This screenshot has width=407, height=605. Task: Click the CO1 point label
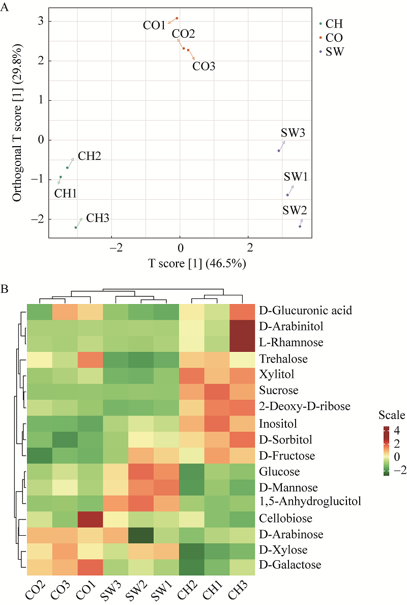click(154, 25)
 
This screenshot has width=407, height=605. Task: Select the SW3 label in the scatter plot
click(293, 133)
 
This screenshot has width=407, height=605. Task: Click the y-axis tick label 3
click(40, 21)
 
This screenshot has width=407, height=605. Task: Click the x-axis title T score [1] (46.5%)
click(197, 263)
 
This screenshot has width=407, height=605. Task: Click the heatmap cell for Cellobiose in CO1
click(90, 518)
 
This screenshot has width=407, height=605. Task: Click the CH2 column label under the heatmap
click(190, 589)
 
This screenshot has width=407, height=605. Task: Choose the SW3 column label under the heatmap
click(113, 589)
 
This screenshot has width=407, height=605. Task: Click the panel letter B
click(5, 289)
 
